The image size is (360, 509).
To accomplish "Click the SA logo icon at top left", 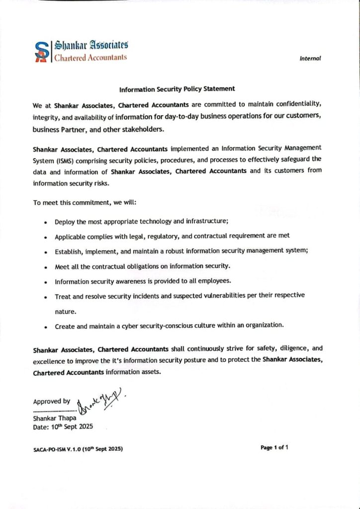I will click(x=42, y=51).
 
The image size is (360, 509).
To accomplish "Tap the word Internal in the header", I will click(x=310, y=59).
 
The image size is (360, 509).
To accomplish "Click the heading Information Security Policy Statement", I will click(x=177, y=89).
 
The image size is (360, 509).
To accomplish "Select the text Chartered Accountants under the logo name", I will click(x=90, y=57).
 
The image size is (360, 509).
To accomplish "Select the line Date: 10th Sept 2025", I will click(x=63, y=426).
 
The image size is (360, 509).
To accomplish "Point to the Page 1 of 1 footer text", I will click(x=274, y=447).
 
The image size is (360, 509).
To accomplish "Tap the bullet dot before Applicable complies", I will click(x=45, y=237).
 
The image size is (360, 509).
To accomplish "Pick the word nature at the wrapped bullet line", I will click(x=65, y=312).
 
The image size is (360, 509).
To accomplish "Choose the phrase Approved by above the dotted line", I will click(x=52, y=402).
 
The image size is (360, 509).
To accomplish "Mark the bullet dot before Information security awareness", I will click(x=45, y=282).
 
